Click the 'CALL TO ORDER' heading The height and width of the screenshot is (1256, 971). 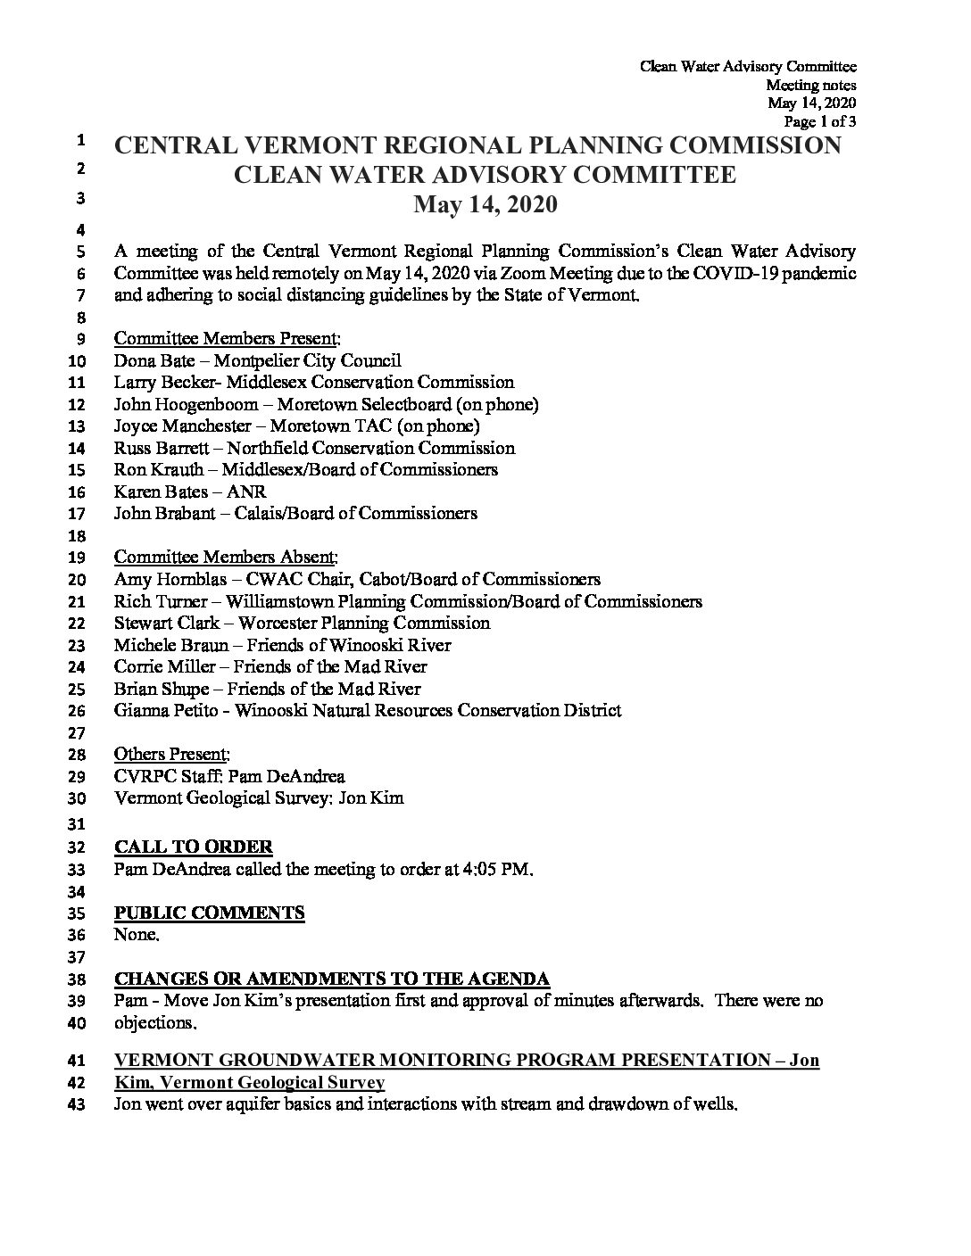(194, 847)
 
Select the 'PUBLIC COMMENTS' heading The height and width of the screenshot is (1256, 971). (210, 913)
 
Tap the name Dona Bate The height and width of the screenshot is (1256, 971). (148, 361)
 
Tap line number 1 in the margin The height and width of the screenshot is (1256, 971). (80, 141)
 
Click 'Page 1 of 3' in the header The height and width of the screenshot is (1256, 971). (819, 121)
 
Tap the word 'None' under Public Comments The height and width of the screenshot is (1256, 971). (136, 935)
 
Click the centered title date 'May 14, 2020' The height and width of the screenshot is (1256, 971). (485, 205)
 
